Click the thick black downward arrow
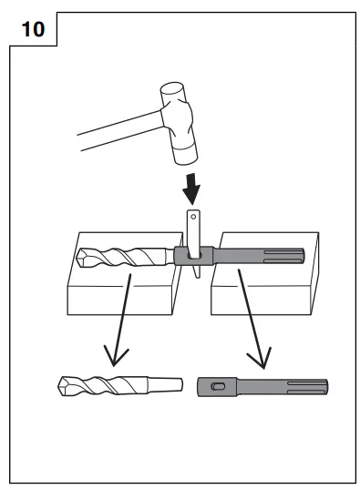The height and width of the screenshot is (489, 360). click(191, 188)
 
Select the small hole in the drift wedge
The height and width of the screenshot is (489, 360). click(194, 218)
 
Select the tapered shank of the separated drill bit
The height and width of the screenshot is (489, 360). click(159, 385)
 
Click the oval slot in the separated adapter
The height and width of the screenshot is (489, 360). click(216, 386)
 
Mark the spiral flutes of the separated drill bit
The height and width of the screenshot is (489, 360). click(105, 384)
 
